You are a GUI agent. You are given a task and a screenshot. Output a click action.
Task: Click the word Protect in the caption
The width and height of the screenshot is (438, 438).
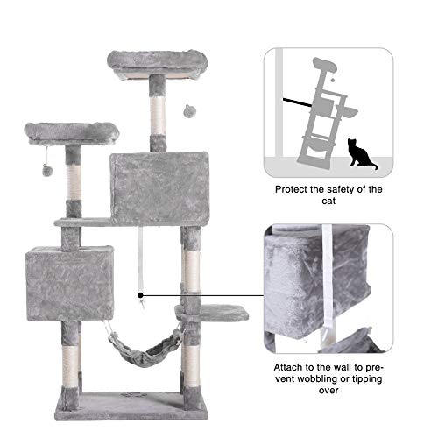click(x=296, y=188)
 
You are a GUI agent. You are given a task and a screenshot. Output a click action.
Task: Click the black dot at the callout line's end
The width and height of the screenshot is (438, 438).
click(x=140, y=296)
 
